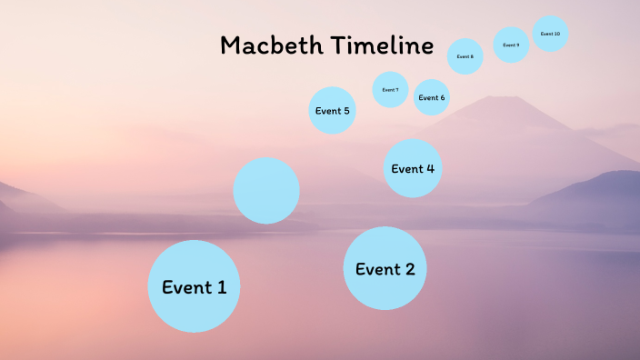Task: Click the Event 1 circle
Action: (194, 286)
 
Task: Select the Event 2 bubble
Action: (385, 268)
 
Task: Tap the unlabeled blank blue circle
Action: (266, 191)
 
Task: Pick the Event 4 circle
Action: (413, 168)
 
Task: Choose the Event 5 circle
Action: (332, 110)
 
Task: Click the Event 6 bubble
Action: (432, 97)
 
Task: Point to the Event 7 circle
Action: (390, 90)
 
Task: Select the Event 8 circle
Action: (465, 56)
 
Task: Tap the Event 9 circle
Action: (511, 45)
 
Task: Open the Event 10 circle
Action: (550, 34)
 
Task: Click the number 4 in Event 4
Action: (430, 168)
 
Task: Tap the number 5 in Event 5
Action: (345, 111)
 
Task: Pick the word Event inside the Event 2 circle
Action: (376, 269)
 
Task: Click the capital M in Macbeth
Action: (231, 45)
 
